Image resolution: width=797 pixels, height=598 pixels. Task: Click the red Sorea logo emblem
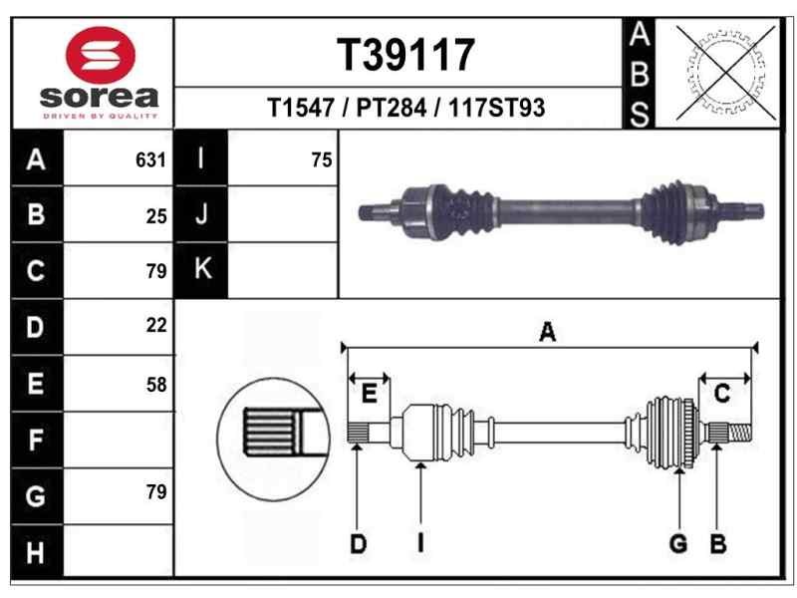tap(101, 55)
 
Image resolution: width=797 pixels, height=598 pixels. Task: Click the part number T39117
tap(405, 55)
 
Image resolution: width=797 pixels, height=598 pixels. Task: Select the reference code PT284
tap(391, 108)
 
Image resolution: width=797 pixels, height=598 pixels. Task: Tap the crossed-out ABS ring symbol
tap(726, 72)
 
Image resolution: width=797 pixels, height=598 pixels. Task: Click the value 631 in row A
tap(150, 160)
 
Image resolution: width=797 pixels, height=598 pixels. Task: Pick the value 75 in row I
tap(322, 160)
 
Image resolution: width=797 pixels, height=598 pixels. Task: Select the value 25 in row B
tap(156, 216)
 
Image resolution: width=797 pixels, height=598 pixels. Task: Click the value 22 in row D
tap(156, 326)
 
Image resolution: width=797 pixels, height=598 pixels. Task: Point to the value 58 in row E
tap(156, 385)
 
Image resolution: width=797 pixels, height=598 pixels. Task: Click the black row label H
tap(37, 552)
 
